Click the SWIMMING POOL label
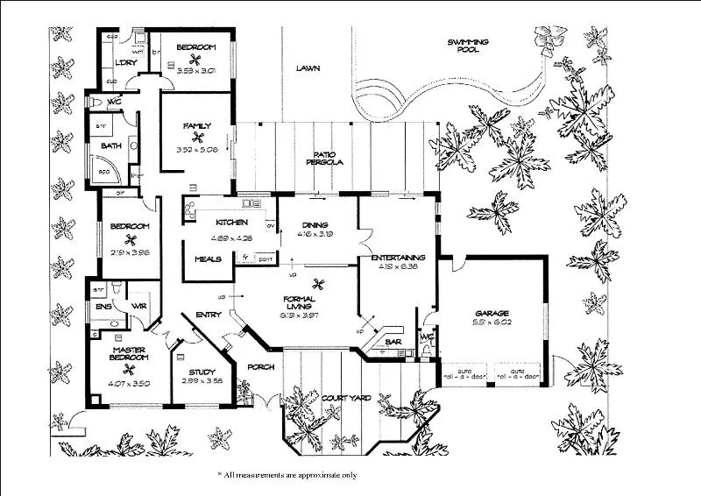(x=468, y=46)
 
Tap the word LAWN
(x=306, y=68)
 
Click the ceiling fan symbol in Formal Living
(x=318, y=282)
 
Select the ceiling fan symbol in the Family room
(x=197, y=137)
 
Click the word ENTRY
(x=209, y=314)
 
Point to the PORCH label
(x=261, y=366)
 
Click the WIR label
(x=138, y=306)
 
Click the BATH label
(x=110, y=145)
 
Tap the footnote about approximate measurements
(x=287, y=474)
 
